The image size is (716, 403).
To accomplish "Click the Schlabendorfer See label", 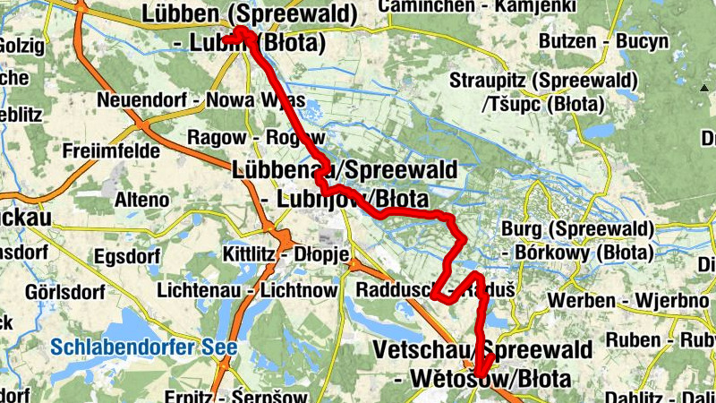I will (143, 347).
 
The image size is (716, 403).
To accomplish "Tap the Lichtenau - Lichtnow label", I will (246, 290).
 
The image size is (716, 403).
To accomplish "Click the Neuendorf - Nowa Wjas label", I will (202, 99).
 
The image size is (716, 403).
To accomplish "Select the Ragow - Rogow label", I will (243, 137).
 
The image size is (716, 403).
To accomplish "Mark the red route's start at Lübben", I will (240, 31).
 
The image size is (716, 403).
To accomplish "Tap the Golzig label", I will (21, 46).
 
